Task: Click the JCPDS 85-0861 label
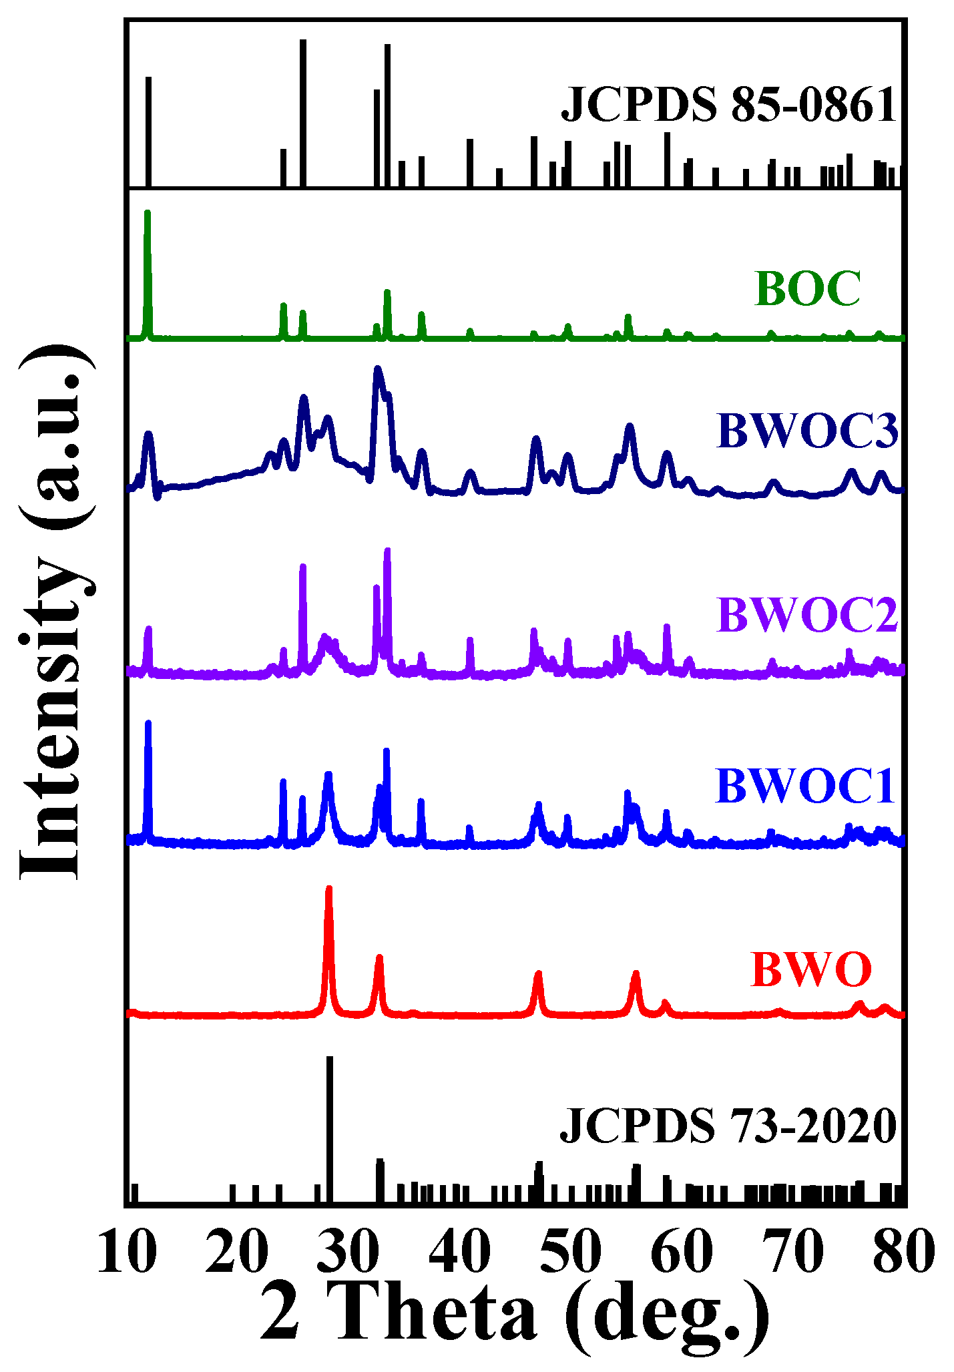tap(728, 106)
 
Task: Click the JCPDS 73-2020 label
tap(727, 1127)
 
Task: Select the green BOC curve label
tap(807, 289)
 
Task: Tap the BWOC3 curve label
tap(807, 431)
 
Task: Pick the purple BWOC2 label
tap(807, 615)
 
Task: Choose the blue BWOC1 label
tap(805, 786)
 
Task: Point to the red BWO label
tap(810, 969)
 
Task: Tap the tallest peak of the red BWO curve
tap(328, 889)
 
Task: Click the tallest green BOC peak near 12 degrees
tap(148, 214)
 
